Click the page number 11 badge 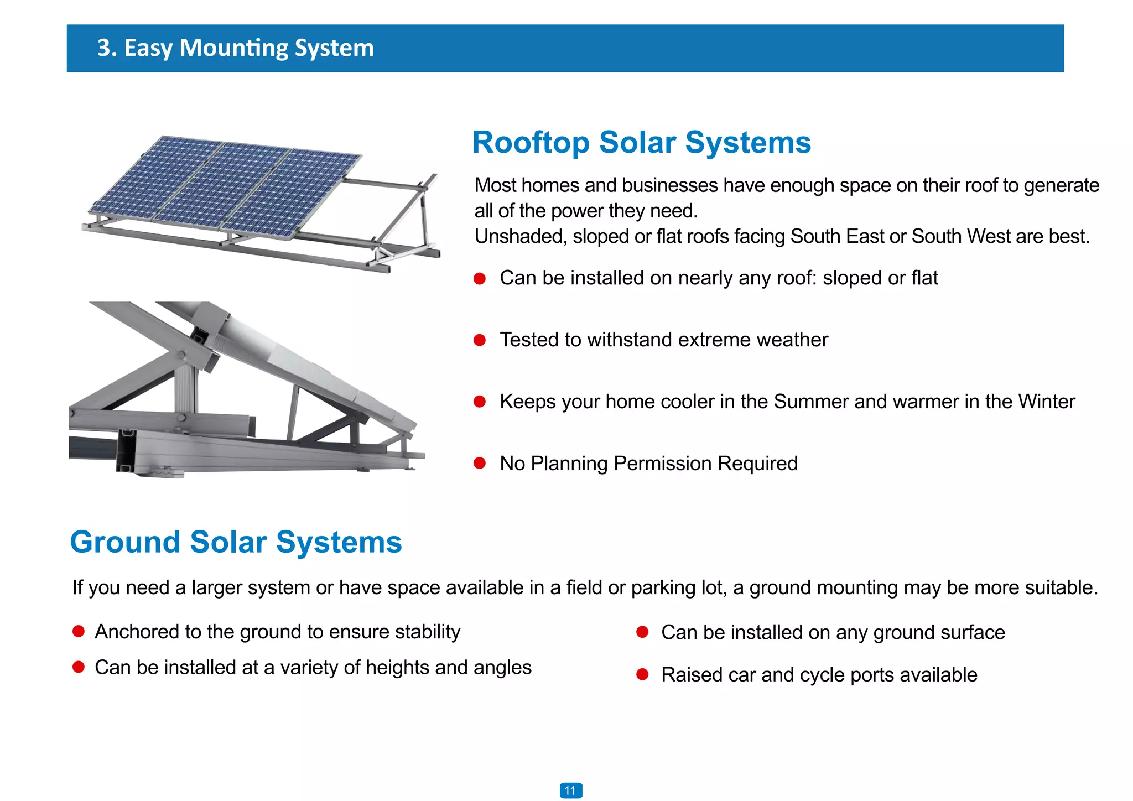pyautogui.click(x=570, y=790)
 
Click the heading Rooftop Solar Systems pyautogui.click(x=641, y=143)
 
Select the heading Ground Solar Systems pyautogui.click(x=236, y=542)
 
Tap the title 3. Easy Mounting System pyautogui.click(x=235, y=48)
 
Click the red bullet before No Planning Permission pyautogui.click(x=480, y=463)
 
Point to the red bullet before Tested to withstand pyautogui.click(x=480, y=340)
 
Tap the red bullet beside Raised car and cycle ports pyautogui.click(x=642, y=674)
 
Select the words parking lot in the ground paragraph pyautogui.click(x=678, y=587)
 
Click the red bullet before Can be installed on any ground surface pyautogui.click(x=642, y=632)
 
